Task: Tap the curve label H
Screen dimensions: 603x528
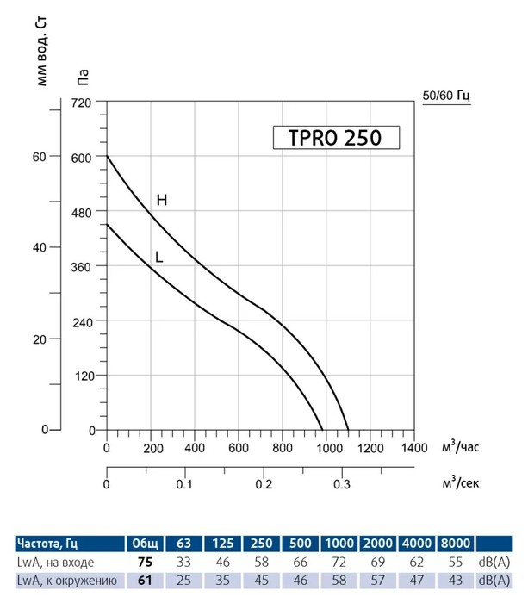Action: tap(161, 201)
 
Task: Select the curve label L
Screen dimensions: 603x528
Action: tap(159, 256)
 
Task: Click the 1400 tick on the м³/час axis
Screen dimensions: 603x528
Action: tap(413, 449)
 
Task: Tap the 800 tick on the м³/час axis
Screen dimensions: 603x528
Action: tap(282, 449)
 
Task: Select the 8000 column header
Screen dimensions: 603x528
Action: tap(456, 544)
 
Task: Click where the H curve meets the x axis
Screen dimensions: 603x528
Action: tap(349, 429)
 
